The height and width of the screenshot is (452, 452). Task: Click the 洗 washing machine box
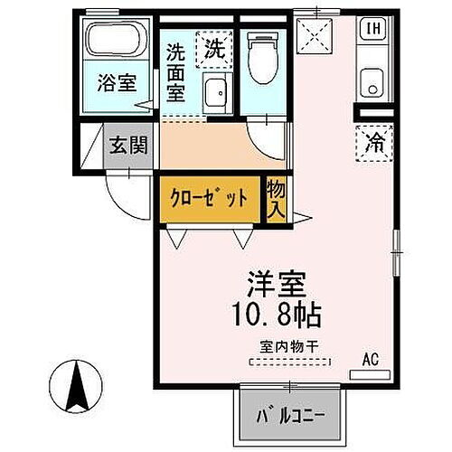coord(213,46)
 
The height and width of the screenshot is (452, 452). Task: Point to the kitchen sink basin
coord(372,88)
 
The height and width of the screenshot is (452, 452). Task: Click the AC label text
coord(371,359)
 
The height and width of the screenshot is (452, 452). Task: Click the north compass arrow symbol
coord(77,385)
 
